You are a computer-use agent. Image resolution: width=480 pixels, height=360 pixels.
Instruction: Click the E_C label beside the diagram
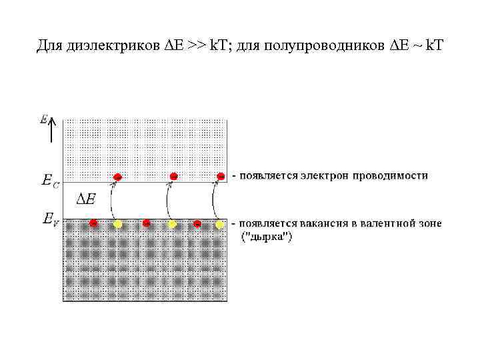click(x=50, y=181)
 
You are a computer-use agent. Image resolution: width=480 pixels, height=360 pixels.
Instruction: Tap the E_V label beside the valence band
click(x=50, y=219)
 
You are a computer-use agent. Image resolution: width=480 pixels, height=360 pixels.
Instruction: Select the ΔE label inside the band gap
click(x=86, y=199)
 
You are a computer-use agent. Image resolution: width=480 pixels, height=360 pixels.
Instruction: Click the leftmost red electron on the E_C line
click(x=117, y=177)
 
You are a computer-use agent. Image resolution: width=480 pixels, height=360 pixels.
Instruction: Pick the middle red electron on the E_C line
click(x=173, y=176)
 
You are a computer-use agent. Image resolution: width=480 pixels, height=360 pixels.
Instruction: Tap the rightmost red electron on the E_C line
click(x=221, y=176)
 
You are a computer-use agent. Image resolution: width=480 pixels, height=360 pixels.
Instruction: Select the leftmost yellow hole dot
click(x=117, y=223)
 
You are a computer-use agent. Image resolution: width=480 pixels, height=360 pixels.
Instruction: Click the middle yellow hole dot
click(x=172, y=223)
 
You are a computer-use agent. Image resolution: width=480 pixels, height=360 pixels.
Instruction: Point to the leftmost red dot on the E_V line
click(x=94, y=222)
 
